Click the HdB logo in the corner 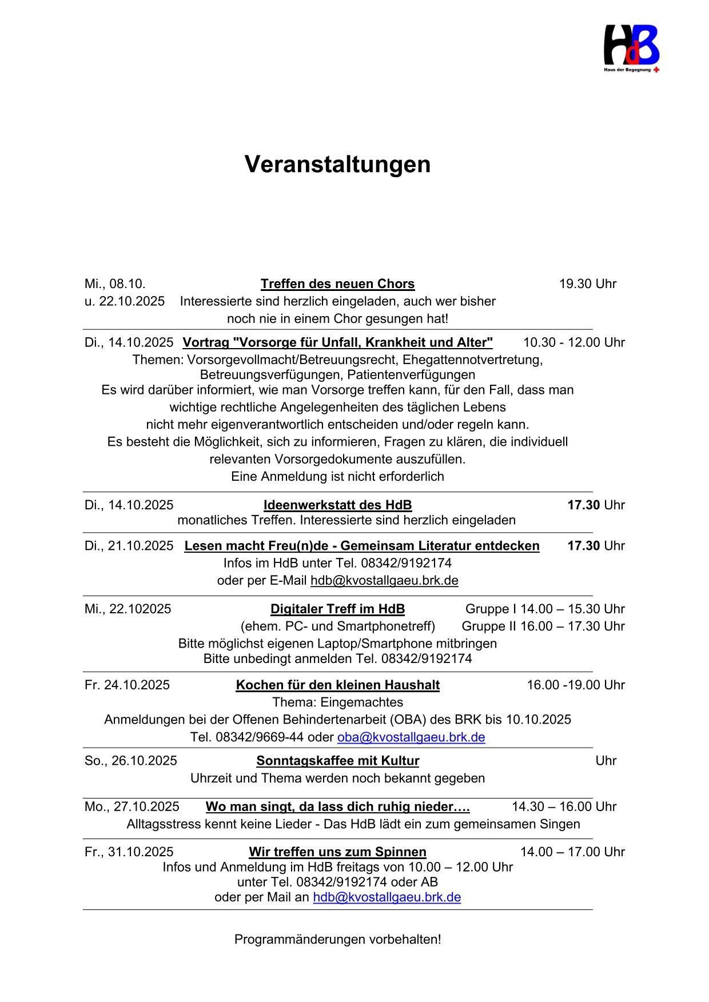point(631,48)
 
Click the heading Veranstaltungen point(337,165)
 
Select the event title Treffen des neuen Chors point(337,284)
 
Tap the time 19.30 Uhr point(587,284)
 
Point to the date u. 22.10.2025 point(125,301)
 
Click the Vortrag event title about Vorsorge point(337,342)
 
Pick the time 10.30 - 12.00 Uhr point(573,342)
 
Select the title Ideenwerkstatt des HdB point(337,505)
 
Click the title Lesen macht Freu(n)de point(361,546)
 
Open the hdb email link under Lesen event point(384,581)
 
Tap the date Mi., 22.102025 point(128,609)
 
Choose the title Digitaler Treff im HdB point(337,609)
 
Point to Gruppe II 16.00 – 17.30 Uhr point(543,626)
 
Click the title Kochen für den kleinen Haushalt point(337,685)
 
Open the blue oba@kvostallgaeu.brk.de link point(411,737)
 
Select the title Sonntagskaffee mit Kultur point(337,761)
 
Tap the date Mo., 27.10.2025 point(132,807)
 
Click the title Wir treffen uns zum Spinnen point(337,852)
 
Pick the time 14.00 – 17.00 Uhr point(572,852)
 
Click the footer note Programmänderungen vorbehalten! point(337,940)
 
